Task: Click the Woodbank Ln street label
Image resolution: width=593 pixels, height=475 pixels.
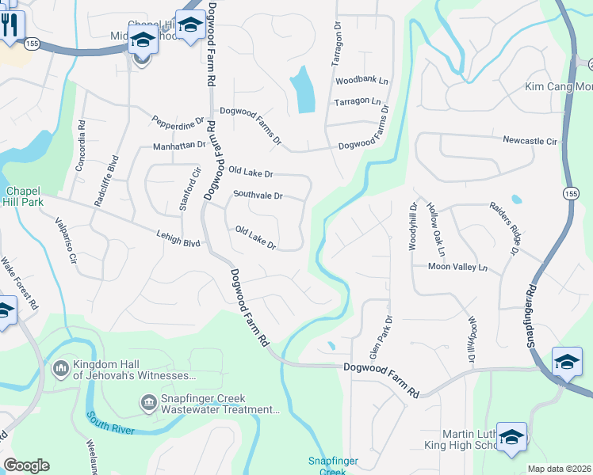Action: point(362,81)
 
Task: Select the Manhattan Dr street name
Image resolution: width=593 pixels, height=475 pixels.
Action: point(179,146)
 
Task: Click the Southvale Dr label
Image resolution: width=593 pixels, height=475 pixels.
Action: point(258,194)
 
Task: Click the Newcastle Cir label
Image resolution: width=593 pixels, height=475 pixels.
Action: point(530,141)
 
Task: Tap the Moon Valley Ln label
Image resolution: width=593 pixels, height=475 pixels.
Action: point(457,268)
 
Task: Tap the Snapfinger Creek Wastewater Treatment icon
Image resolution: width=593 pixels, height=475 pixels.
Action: point(148,404)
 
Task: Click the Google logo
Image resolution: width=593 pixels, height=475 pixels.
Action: point(26,465)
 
